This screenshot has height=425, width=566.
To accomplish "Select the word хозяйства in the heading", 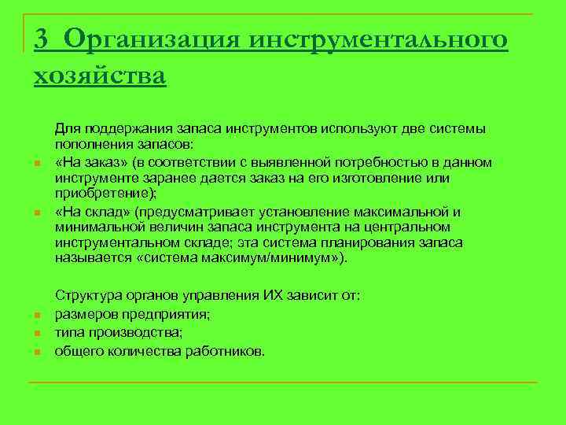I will coord(100,76).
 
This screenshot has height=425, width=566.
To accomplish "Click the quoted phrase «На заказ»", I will coord(86,162).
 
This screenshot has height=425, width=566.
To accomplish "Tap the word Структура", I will coord(87,296).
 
